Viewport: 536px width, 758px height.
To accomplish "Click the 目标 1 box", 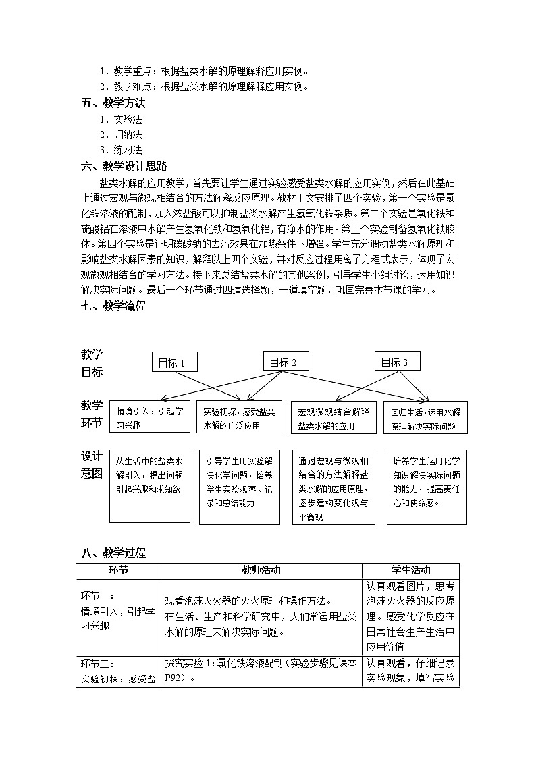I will pyautogui.click(x=175, y=362).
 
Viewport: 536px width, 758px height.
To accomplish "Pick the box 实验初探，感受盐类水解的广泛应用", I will pyautogui.click(x=240, y=418).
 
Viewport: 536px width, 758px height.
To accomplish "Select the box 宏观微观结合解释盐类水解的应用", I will pyautogui.click(x=333, y=418).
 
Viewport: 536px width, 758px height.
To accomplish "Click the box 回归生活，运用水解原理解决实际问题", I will pyautogui.click(x=425, y=418).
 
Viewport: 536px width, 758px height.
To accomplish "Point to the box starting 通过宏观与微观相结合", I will pyautogui.click(x=333, y=487).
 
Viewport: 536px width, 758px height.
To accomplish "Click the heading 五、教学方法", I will pyautogui.click(x=113, y=103).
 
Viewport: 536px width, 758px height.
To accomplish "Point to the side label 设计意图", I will pyautogui.click(x=92, y=464).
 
